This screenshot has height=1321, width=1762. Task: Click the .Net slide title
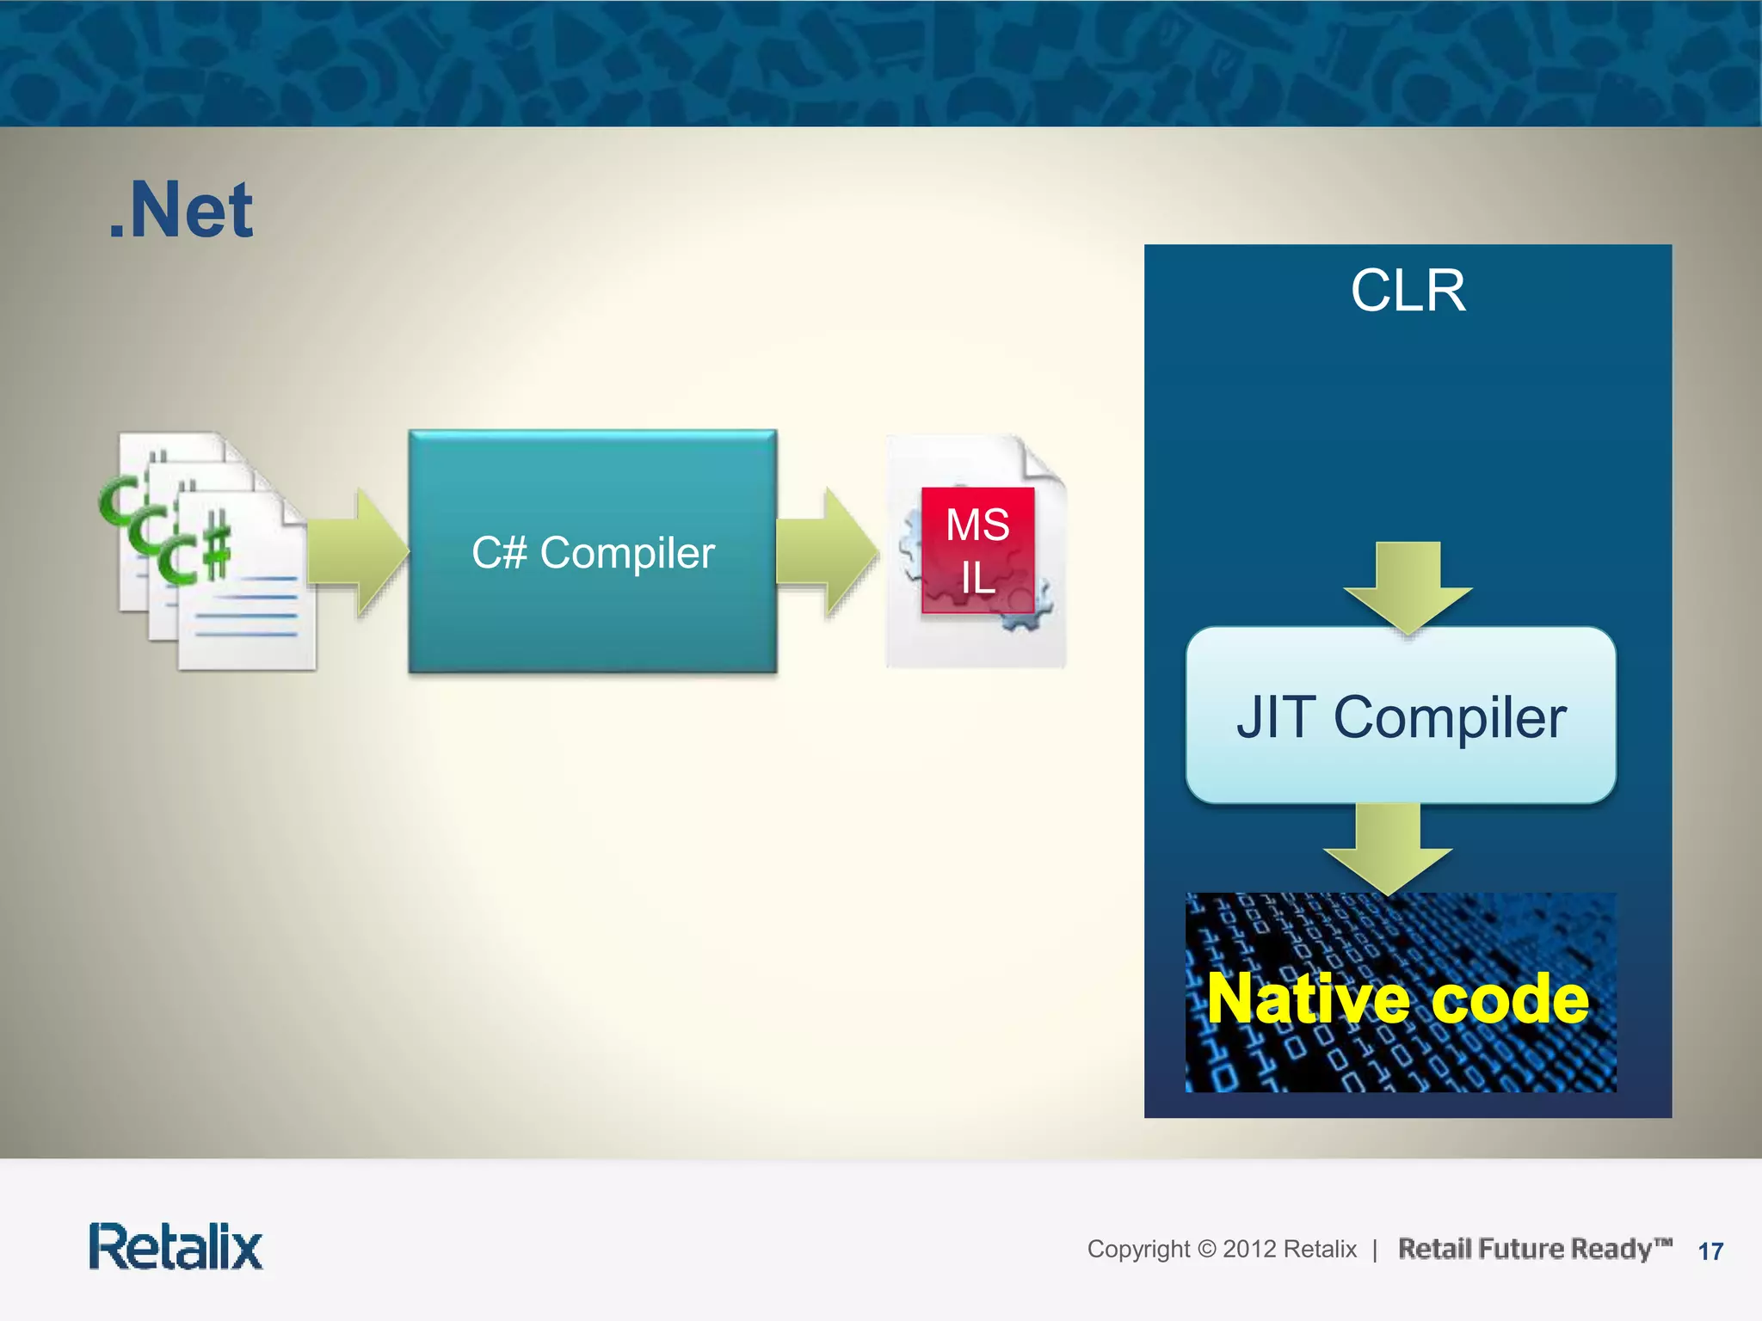click(x=181, y=211)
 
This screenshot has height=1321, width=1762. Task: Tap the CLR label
click(x=1408, y=291)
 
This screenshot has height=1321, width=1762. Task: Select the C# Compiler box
click(x=593, y=551)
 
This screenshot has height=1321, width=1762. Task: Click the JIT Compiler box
click(x=1401, y=716)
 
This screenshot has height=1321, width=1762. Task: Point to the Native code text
click(x=1397, y=998)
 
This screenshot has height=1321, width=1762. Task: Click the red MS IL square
click(x=977, y=550)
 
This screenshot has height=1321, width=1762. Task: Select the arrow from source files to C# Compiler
click(x=356, y=551)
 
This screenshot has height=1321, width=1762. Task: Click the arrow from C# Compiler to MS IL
click(x=826, y=551)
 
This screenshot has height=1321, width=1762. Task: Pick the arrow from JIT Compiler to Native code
click(x=1388, y=848)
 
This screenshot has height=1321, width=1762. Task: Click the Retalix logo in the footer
click(x=176, y=1247)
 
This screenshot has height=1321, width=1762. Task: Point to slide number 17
click(x=1710, y=1251)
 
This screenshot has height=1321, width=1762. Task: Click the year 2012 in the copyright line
click(x=1249, y=1249)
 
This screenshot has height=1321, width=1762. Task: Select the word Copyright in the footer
click(x=1138, y=1249)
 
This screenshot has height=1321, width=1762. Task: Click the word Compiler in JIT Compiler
click(x=1450, y=717)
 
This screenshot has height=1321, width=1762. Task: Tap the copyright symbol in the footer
click(x=1207, y=1249)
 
